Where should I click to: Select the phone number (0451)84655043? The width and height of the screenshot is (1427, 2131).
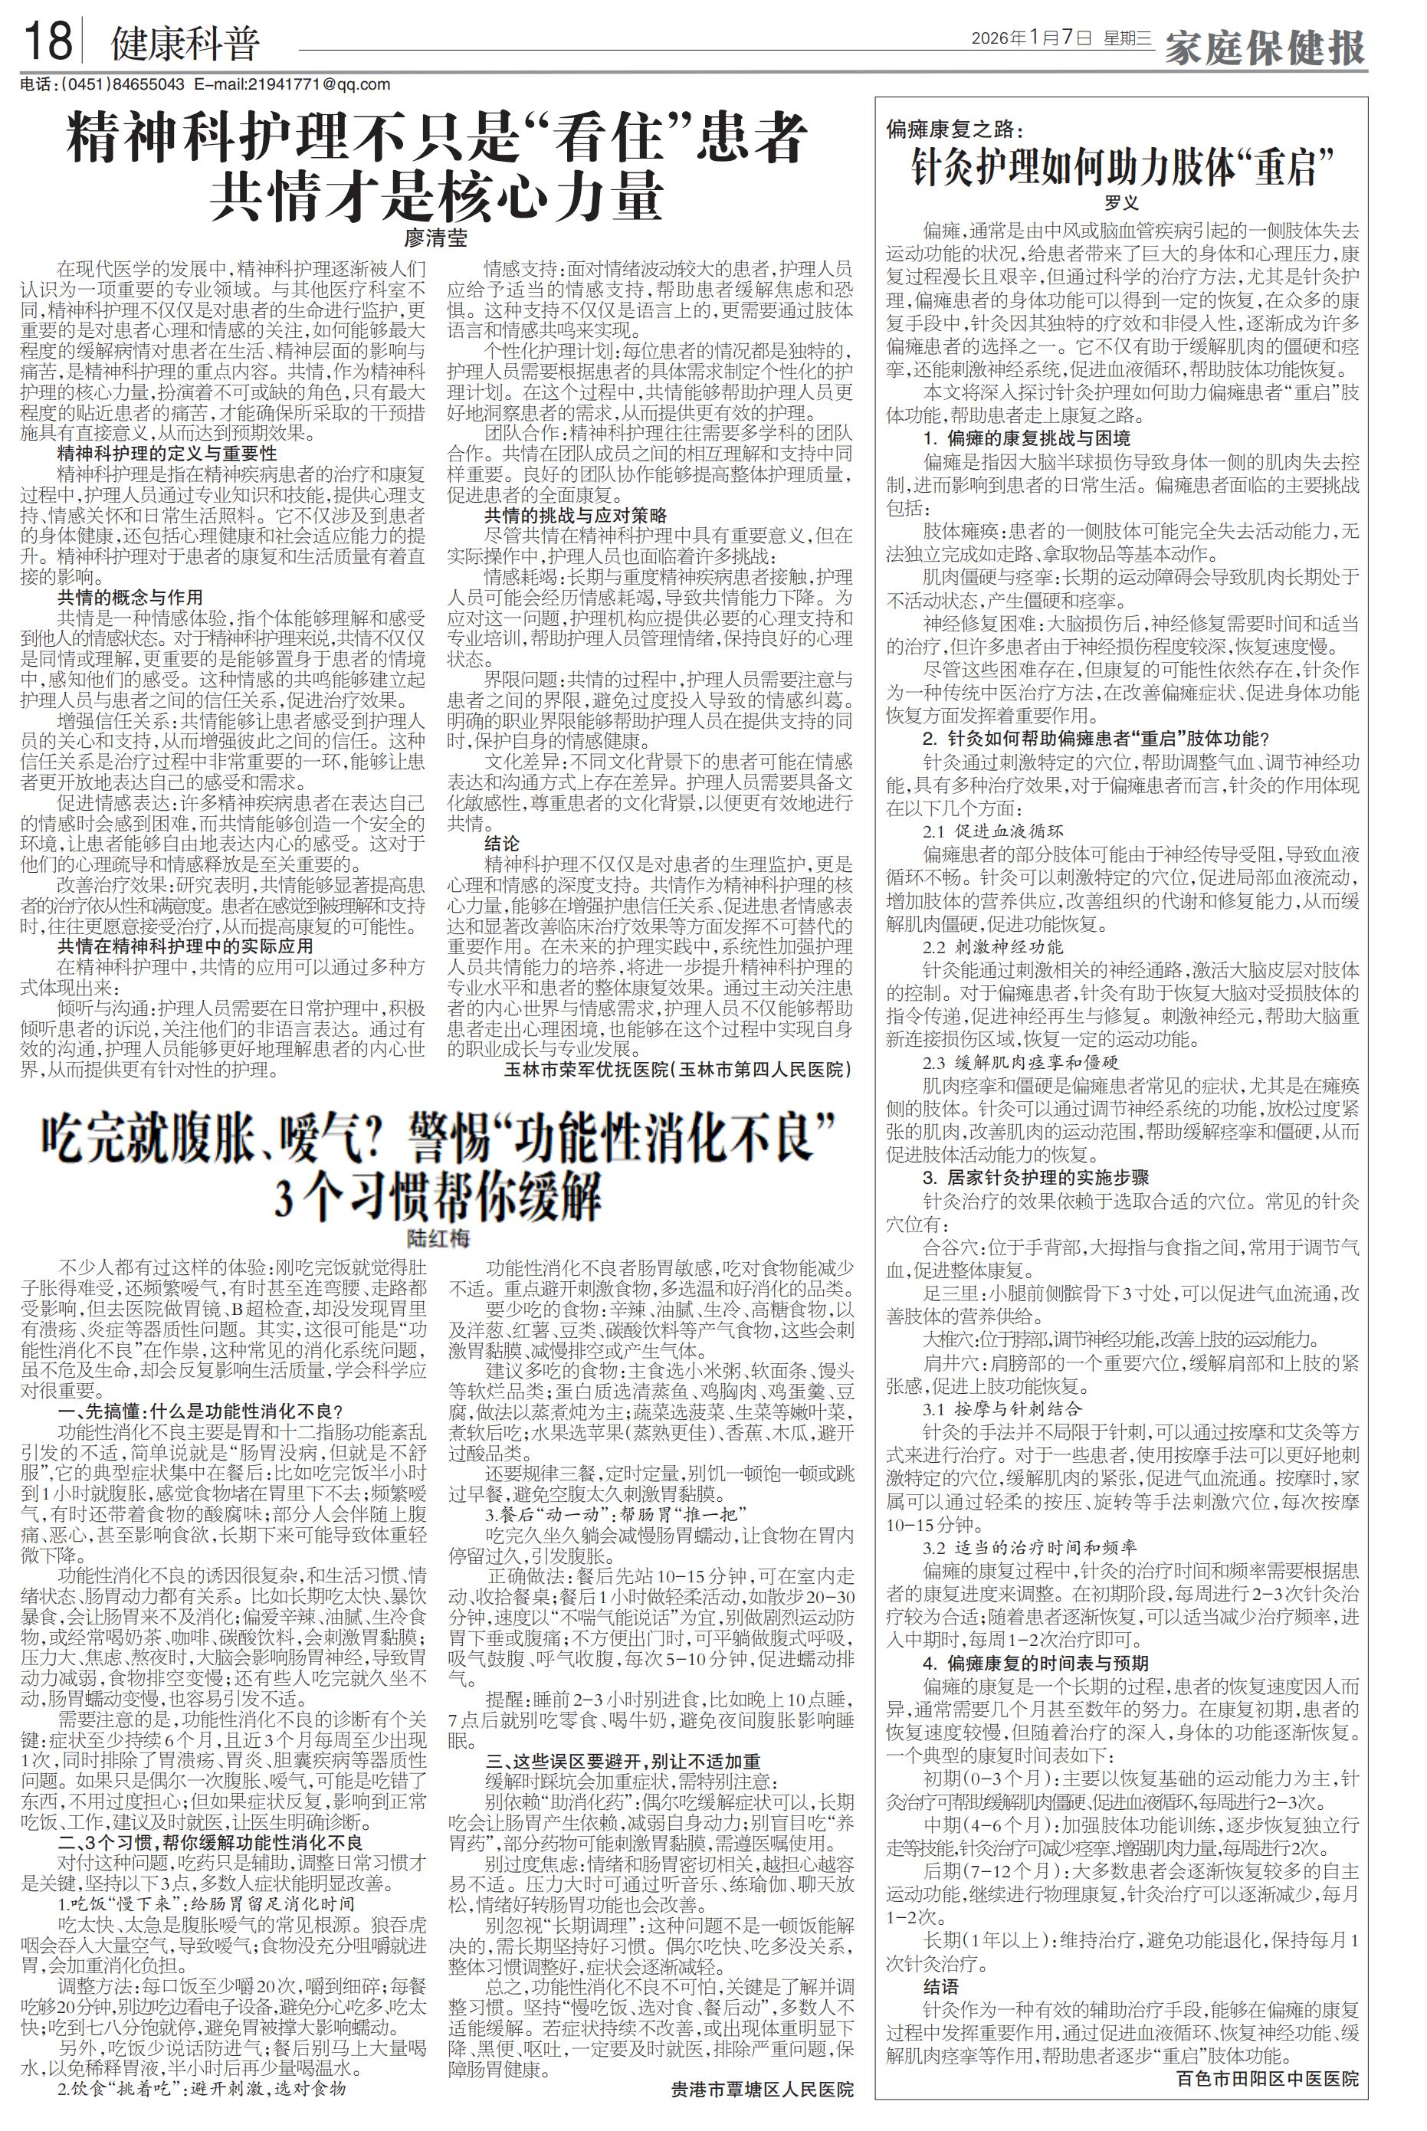pos(122,84)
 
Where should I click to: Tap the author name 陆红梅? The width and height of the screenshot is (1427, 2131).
pos(437,1238)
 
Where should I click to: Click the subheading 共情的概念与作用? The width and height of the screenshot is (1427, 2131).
pos(130,598)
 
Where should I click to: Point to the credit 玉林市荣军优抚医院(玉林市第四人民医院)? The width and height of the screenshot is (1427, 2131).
pos(678,1068)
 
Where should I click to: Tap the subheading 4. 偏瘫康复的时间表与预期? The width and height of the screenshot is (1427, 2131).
pos(1010,1664)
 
